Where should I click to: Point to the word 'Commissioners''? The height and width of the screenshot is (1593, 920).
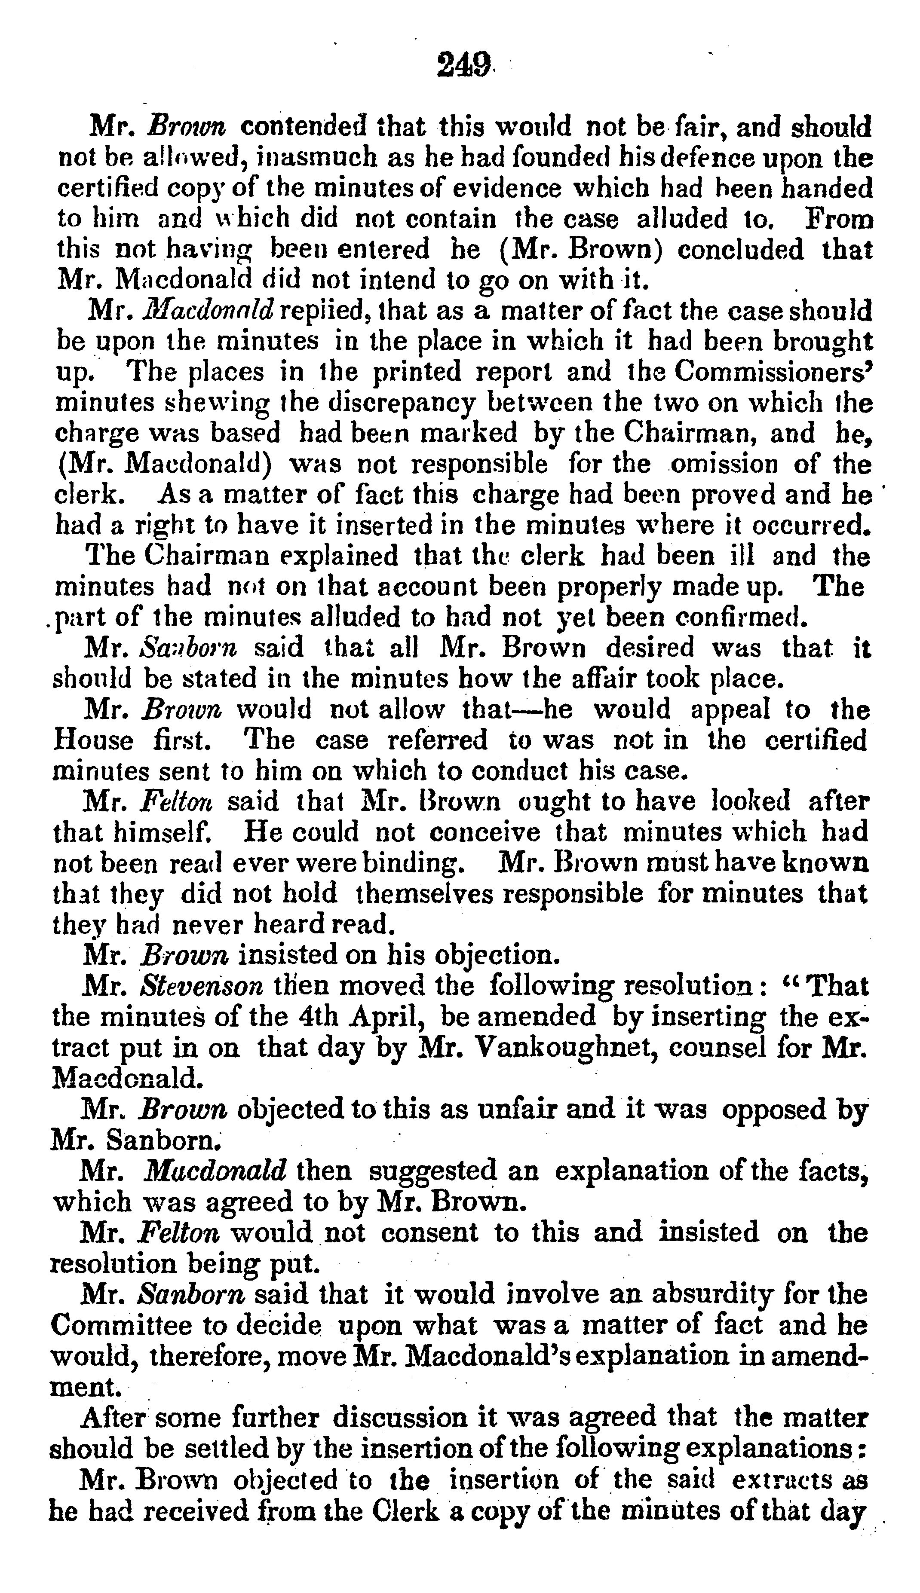[x=773, y=371]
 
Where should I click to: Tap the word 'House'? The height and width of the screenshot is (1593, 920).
[x=94, y=740]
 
